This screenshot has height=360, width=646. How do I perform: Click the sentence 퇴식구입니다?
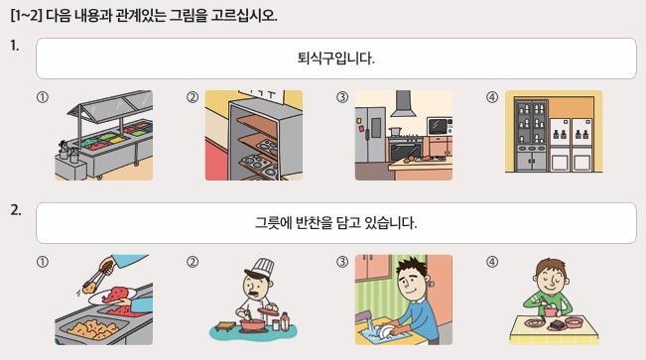point(335,59)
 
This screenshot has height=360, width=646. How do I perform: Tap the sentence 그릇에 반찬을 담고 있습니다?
point(335,223)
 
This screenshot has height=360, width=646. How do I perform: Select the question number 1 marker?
point(15,46)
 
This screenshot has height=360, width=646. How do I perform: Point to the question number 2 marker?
point(16,210)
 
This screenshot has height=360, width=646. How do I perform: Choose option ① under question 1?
point(43,97)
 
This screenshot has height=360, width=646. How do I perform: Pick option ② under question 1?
point(193,97)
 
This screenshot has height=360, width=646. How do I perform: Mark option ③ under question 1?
point(342,97)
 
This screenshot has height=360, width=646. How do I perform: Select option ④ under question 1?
point(492,97)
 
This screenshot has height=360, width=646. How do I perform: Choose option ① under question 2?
point(43,262)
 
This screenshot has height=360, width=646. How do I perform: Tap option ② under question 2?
point(193,262)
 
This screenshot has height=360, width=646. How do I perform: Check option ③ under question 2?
point(342,262)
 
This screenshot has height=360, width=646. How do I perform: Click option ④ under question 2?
point(492,262)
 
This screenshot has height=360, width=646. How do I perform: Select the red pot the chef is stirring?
point(252,324)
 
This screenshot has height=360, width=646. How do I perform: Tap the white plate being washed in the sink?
point(386,330)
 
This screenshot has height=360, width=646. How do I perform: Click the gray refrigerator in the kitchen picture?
point(370,135)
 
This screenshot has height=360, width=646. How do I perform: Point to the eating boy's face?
point(552,277)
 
